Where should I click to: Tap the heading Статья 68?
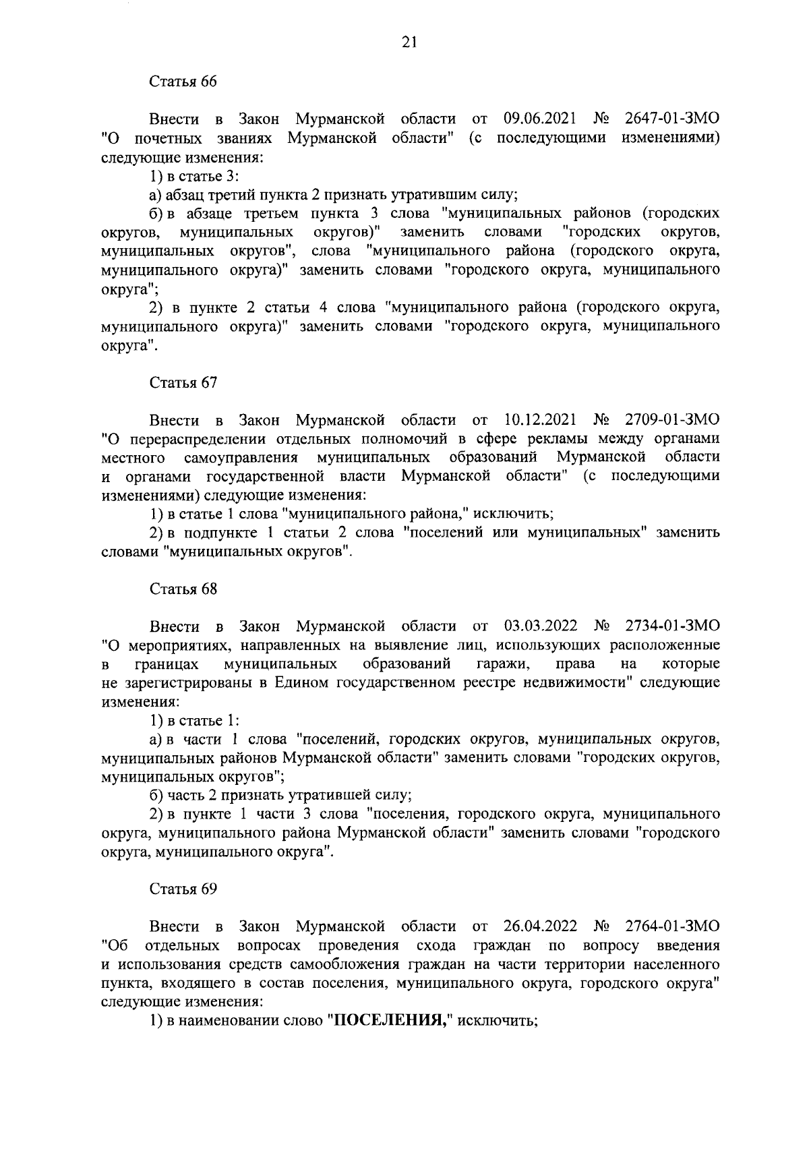point(183,589)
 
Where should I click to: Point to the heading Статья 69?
point(183,889)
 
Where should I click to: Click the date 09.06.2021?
point(539,119)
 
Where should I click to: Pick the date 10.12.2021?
point(539,420)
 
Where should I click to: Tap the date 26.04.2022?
point(539,926)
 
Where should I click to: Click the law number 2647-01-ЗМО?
point(672,119)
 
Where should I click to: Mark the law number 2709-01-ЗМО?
point(672,420)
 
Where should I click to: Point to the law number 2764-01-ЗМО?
point(672,926)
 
